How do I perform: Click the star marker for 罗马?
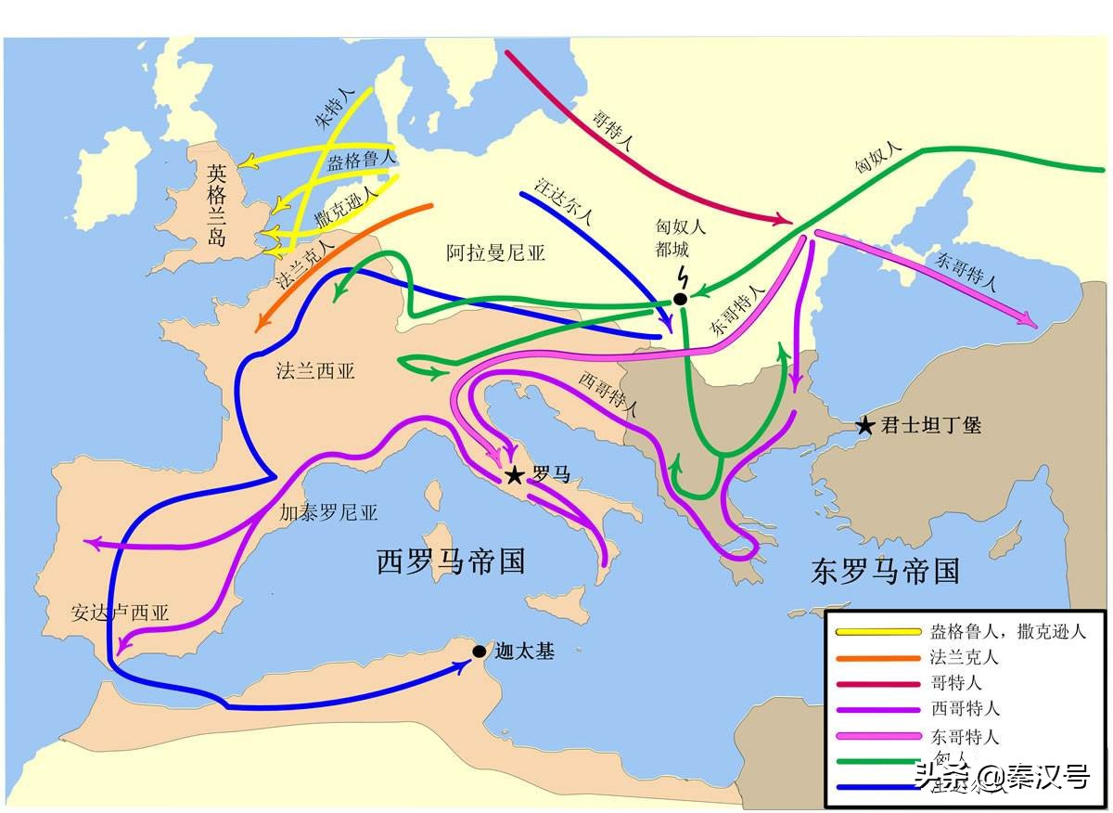(x=514, y=476)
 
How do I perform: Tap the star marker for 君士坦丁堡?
(x=864, y=426)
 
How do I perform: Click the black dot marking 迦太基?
(x=479, y=652)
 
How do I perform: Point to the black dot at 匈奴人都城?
(x=680, y=299)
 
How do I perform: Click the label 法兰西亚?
(x=315, y=370)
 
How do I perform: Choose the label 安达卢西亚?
(x=120, y=613)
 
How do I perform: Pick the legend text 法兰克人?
(x=964, y=658)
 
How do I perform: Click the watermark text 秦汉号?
(x=1049, y=777)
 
